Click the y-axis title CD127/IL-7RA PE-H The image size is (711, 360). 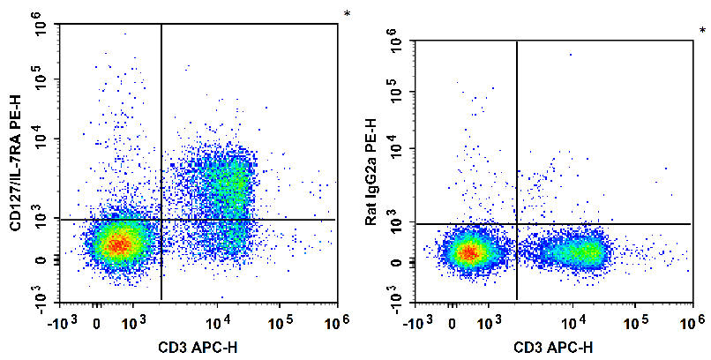[15, 168]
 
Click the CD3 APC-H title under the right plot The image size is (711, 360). [552, 344]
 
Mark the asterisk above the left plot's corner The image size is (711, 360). [347, 14]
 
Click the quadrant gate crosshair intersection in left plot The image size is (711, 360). [161, 219]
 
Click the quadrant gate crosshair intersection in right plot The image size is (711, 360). [516, 224]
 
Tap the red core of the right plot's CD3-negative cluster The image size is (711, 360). [470, 253]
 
